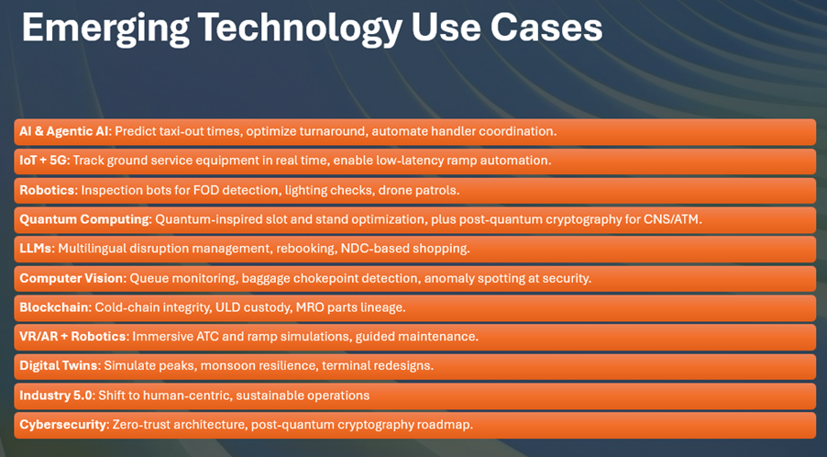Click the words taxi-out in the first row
tap(192, 131)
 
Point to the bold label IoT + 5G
tap(44, 160)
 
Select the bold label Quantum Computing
tap(85, 219)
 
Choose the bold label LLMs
tap(36, 248)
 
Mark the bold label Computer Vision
tap(72, 277)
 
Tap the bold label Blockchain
tap(55, 307)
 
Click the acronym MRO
tap(310, 307)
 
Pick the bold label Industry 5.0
tap(56, 396)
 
